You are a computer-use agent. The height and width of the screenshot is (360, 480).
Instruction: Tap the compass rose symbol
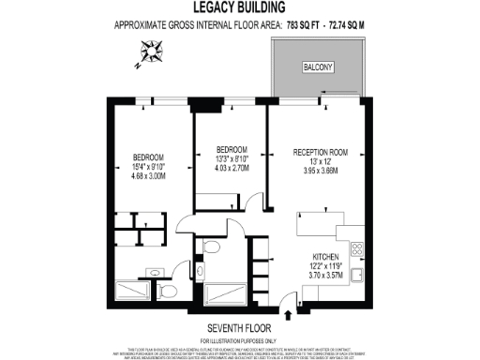pyautogui.click(x=149, y=52)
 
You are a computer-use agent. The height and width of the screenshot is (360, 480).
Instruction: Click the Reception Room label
pyautogui.click(x=320, y=152)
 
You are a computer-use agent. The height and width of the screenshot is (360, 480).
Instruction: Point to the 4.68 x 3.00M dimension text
pyautogui.click(x=148, y=175)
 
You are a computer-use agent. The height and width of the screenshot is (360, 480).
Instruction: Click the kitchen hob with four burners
pyautogui.click(x=356, y=249)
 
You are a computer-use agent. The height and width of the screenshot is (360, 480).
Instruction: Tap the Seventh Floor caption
pyautogui.click(x=239, y=326)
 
